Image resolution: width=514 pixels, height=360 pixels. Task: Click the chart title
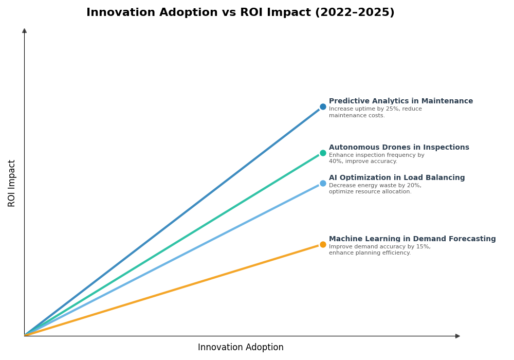pyautogui.click(x=240, y=12)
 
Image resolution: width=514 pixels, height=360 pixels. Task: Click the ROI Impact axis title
pyautogui.click(x=12, y=183)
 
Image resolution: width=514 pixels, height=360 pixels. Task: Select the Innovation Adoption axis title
pyautogui.click(x=241, y=348)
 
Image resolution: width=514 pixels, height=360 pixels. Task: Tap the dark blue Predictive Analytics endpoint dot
pyautogui.click(x=323, y=107)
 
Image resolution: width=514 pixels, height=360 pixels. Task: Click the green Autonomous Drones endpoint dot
pyautogui.click(x=323, y=153)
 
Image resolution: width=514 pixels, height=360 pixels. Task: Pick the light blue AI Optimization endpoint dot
pyautogui.click(x=323, y=183)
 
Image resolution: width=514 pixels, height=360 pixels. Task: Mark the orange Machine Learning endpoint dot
pyautogui.click(x=323, y=244)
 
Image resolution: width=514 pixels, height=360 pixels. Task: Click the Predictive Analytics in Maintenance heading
pyautogui.click(x=400, y=101)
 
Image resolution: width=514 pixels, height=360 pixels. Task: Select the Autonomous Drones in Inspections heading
pyautogui.click(x=399, y=148)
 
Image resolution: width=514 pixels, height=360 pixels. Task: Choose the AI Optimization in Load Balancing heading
pyautogui.click(x=396, y=178)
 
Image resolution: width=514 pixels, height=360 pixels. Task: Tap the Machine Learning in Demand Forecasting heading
pyautogui.click(x=412, y=239)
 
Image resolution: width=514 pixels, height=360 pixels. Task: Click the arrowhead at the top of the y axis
pyautogui.click(x=24, y=31)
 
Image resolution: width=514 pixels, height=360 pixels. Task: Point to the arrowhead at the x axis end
pyautogui.click(x=457, y=336)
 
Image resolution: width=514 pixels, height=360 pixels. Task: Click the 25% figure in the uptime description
pyautogui.click(x=385, y=109)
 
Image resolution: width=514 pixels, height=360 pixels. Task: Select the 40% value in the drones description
pyautogui.click(x=335, y=161)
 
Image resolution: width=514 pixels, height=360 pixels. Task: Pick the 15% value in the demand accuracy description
pyautogui.click(x=423, y=247)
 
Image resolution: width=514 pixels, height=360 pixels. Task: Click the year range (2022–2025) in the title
pyautogui.click(x=353, y=12)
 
